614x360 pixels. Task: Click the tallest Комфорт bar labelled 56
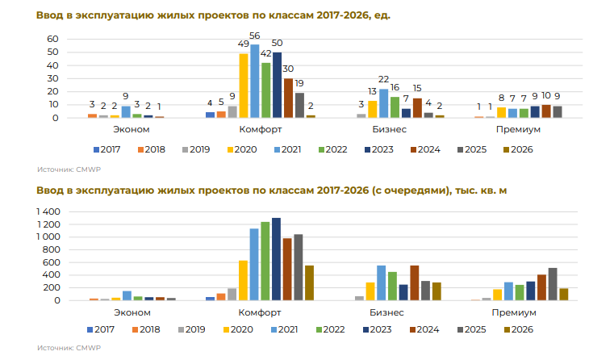pos(255,81)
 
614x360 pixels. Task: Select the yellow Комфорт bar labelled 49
pos(244,86)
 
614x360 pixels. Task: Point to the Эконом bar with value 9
pos(126,111)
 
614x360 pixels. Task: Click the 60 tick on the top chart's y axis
pos(52,39)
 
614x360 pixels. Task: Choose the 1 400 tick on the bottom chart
pos(48,211)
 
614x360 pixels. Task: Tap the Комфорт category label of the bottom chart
pos(260,312)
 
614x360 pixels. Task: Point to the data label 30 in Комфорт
pos(288,69)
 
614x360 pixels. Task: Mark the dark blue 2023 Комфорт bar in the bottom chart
pos(277,259)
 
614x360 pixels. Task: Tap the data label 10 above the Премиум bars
pos(546,95)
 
